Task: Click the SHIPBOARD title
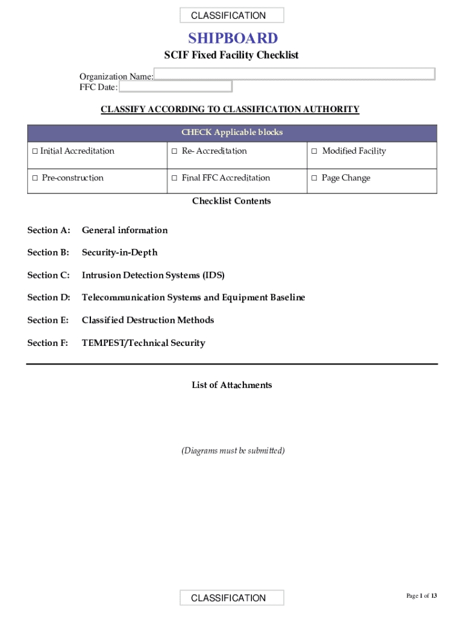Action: [233, 39]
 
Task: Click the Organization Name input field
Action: [294, 74]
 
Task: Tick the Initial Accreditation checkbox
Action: [35, 151]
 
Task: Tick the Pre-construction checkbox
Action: [35, 178]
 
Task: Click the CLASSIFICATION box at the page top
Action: [232, 16]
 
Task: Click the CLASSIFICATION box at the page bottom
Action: [232, 598]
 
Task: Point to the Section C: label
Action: [49, 275]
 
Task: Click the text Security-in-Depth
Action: [119, 252]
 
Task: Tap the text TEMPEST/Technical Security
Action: [143, 343]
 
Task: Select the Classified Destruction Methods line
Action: [148, 320]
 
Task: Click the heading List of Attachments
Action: [232, 385]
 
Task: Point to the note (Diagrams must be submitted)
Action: [233, 451]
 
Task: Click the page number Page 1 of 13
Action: [421, 596]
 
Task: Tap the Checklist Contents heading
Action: [231, 201]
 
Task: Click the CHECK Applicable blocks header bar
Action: [232, 133]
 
